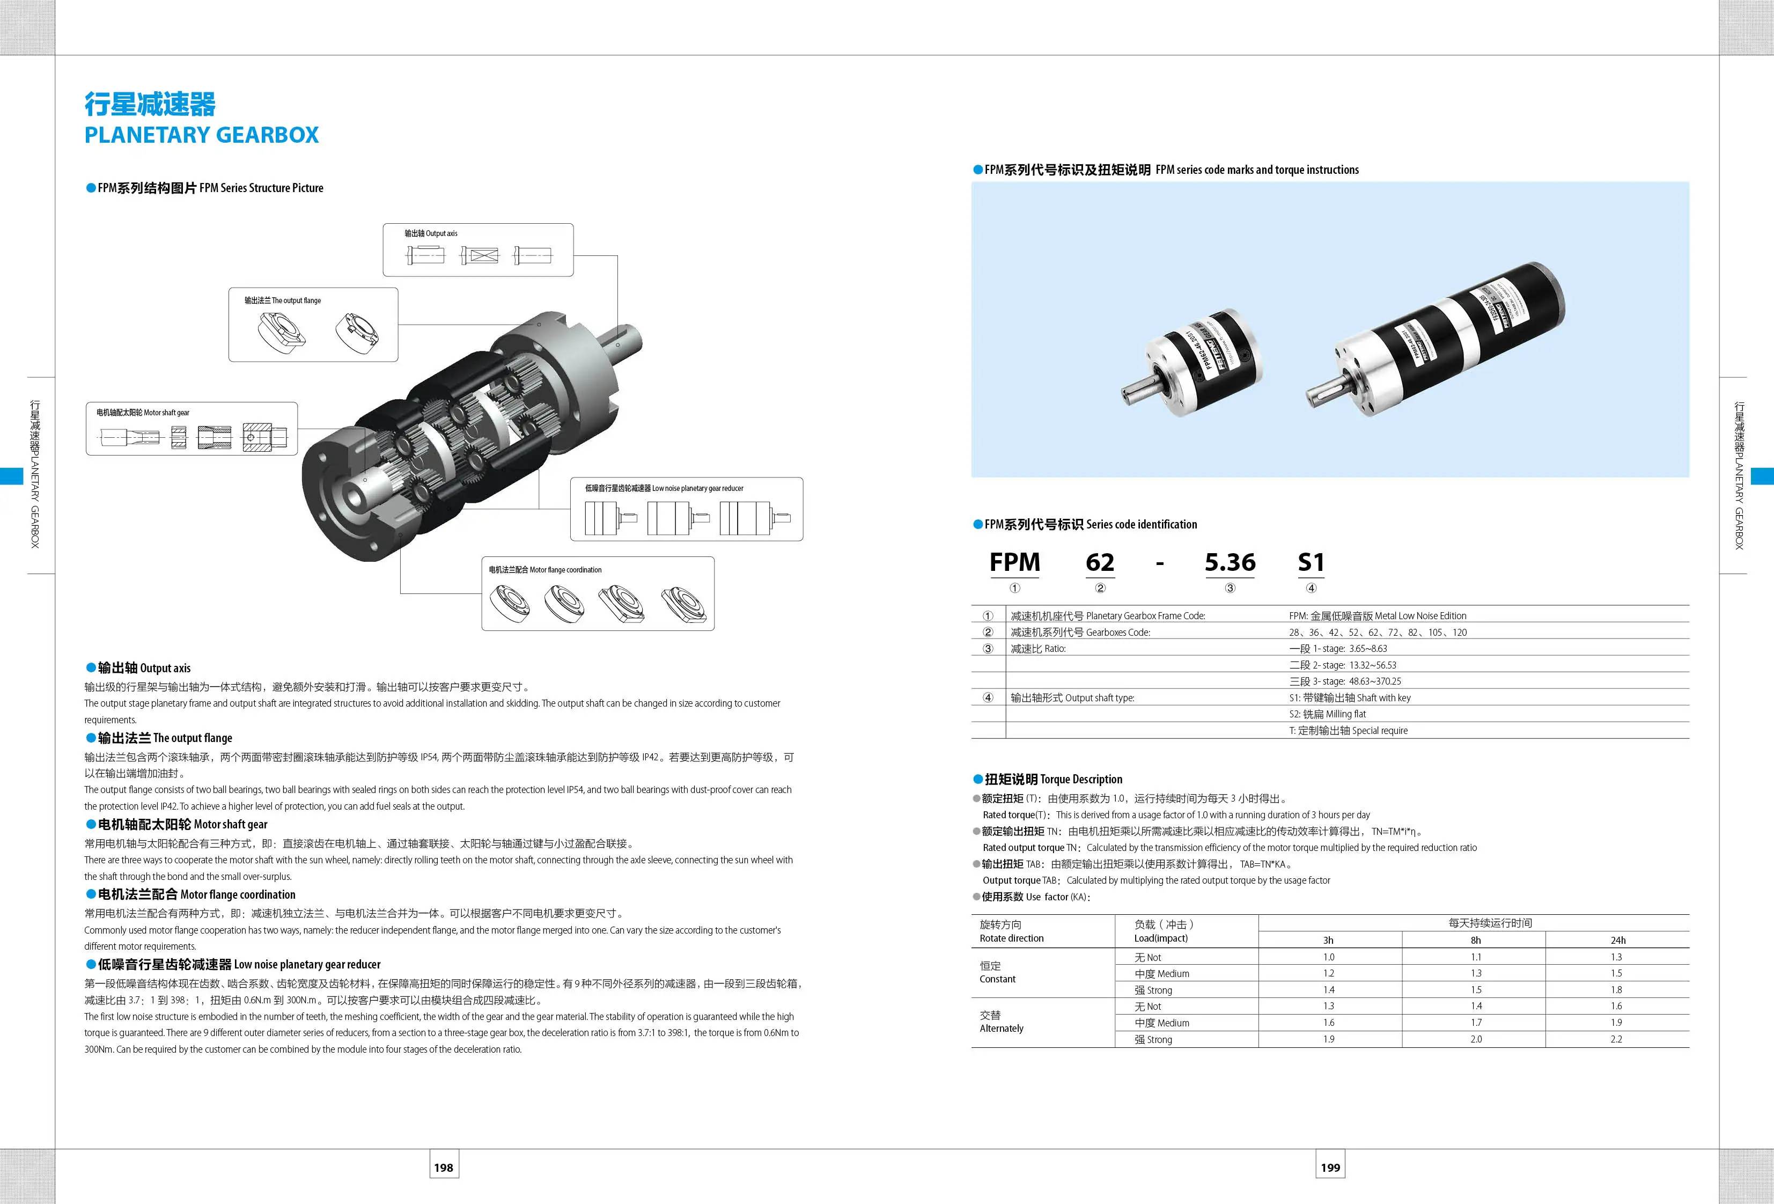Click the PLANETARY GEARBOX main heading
202,135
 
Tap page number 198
444,1168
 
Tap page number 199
1330,1168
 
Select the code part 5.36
1230,563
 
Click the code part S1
1311,563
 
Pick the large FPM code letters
1014,563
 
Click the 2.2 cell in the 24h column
1616,1039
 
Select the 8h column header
1476,941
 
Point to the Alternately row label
1002,1029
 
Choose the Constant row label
998,979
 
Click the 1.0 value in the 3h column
1328,957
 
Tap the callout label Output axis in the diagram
431,233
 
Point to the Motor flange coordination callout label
545,570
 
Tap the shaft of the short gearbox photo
1136,391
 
